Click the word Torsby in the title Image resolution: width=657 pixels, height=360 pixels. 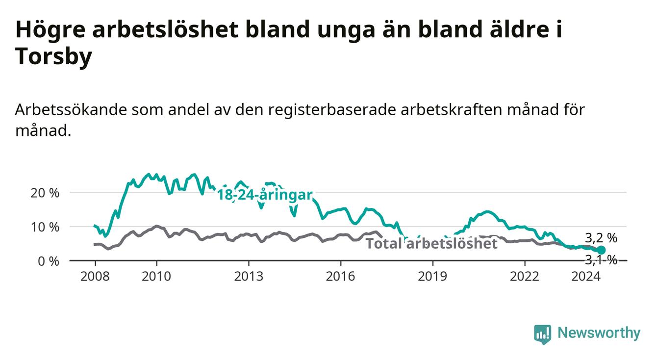(x=53, y=56)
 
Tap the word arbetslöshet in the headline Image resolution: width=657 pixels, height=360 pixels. (x=165, y=29)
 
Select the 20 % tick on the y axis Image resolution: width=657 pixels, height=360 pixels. (x=45, y=193)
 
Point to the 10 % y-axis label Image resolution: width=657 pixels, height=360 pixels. (x=45, y=227)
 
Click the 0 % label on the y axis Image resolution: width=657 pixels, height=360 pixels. (x=49, y=261)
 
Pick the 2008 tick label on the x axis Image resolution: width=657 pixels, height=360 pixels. (x=95, y=277)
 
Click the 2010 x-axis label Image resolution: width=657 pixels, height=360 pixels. (x=156, y=277)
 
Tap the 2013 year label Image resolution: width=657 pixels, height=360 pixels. (x=249, y=277)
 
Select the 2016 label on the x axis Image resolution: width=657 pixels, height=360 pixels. (x=341, y=277)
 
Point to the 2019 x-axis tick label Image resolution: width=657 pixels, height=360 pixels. (x=432, y=277)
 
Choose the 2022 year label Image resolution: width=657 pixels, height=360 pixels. (x=525, y=277)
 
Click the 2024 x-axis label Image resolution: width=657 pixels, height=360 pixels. (x=586, y=277)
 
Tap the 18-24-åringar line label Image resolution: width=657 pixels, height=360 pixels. (x=265, y=195)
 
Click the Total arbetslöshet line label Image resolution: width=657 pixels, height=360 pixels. (x=432, y=244)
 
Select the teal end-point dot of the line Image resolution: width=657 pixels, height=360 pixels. (x=601, y=250)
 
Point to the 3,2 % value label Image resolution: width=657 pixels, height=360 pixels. (x=601, y=238)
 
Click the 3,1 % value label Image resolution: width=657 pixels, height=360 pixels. (x=601, y=260)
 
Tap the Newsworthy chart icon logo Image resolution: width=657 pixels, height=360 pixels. (x=543, y=334)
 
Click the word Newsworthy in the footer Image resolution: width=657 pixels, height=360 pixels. (x=599, y=333)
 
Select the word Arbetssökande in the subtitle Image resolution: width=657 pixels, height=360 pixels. (x=71, y=110)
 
